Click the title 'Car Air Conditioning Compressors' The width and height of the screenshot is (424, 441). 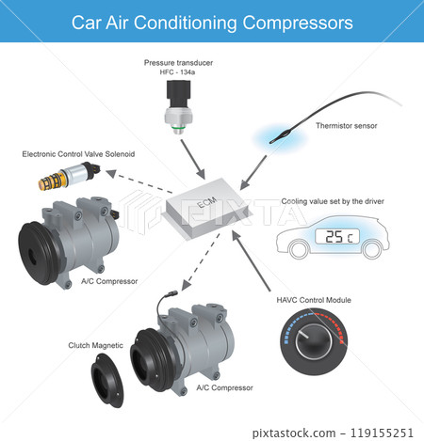click(x=213, y=21)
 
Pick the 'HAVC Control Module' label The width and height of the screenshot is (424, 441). click(x=314, y=299)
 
